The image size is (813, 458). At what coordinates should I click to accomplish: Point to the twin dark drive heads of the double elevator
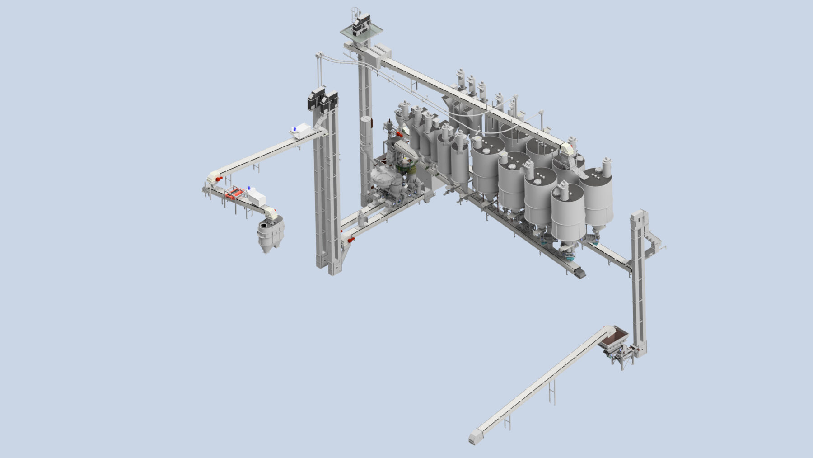[x=322, y=100]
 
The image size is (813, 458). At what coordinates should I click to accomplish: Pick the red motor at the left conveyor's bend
[x=219, y=179]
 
